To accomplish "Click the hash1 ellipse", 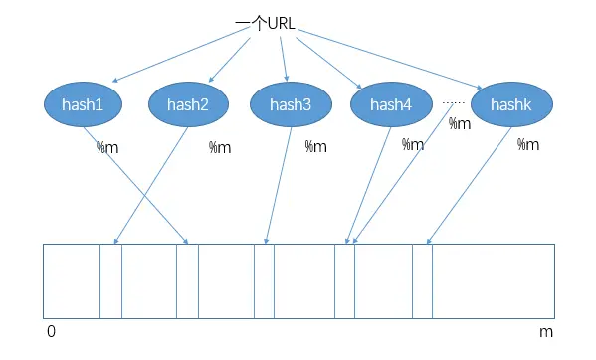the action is (83, 104).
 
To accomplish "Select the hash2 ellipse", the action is (188, 104).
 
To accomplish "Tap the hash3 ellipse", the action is (291, 104).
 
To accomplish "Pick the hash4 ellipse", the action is (391, 104).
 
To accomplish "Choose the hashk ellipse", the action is (511, 104).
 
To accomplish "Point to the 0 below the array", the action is (52, 331).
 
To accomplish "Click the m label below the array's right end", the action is (546, 333).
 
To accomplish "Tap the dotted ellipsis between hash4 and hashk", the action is (453, 102).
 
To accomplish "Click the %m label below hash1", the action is (107, 147).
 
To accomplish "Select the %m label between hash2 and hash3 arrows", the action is (220, 147).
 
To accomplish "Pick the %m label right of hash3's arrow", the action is (315, 146).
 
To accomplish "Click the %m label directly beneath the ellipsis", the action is (460, 123).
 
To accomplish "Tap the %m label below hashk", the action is (528, 144).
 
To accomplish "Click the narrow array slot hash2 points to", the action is (111, 281).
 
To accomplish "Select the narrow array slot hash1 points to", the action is (187, 281).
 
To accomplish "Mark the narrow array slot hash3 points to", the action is (265, 281).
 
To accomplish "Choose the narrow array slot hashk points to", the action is (422, 281).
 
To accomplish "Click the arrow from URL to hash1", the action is (181, 55).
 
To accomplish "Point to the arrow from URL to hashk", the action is (390, 59).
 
